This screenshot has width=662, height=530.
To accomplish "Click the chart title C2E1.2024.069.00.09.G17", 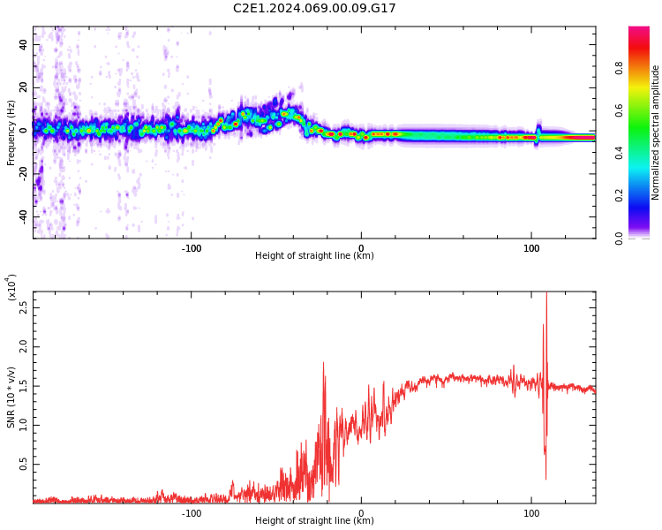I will [x=314, y=9].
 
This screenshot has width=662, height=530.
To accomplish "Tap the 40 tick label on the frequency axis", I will [x=22, y=44].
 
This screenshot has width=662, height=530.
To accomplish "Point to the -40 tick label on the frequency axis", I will [x=20, y=216].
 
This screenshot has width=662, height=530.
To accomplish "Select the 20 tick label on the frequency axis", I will [x=22, y=87].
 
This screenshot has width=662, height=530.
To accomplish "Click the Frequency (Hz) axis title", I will [x=11, y=132].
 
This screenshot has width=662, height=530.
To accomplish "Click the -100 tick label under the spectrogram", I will [x=191, y=246].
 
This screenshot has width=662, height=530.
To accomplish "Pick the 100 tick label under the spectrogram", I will [x=531, y=246].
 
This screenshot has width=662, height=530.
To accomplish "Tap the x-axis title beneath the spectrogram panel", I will [x=314, y=256].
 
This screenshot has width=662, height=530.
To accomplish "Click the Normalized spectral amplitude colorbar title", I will [x=656, y=132].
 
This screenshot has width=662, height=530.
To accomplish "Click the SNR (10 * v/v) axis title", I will [x=11, y=397].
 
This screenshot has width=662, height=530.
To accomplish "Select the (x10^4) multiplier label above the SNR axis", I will [x=11, y=287].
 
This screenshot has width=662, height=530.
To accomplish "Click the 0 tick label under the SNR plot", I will [x=361, y=512].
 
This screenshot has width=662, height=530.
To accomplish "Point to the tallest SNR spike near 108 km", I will [x=546, y=296].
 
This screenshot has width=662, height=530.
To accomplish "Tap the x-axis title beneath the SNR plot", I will [x=314, y=521].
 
